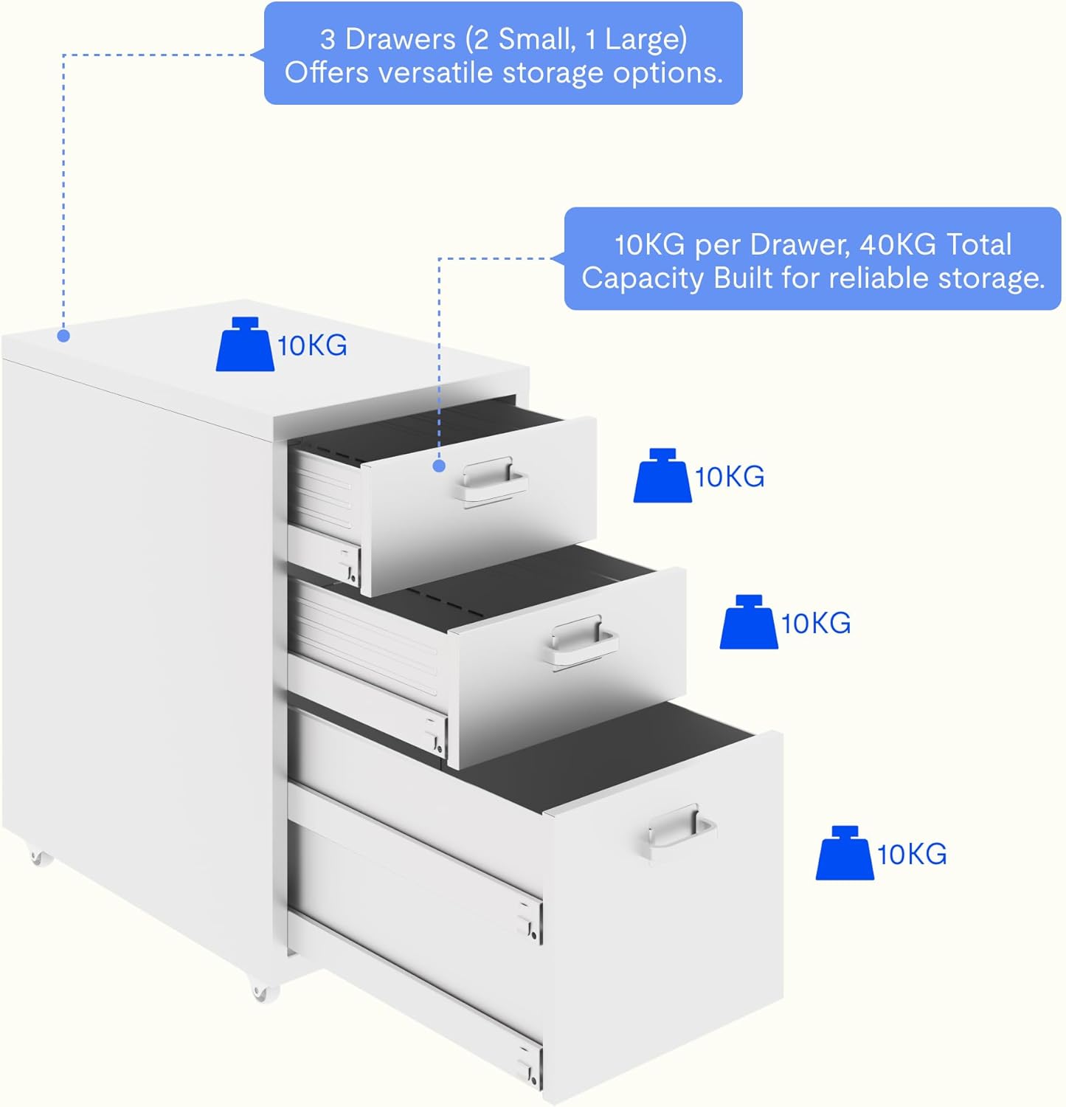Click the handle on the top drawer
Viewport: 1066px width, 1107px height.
(490, 480)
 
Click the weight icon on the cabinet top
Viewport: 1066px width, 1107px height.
(245, 345)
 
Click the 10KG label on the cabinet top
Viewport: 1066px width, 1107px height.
(312, 345)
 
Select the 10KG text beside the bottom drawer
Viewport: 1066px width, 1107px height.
(912, 854)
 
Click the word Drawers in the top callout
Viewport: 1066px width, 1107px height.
(400, 39)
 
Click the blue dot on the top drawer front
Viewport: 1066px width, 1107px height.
(439, 466)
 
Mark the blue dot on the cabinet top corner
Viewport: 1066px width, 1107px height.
(64, 337)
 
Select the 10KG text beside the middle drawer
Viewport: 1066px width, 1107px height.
(816, 624)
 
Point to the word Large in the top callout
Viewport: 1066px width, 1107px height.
(645, 39)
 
